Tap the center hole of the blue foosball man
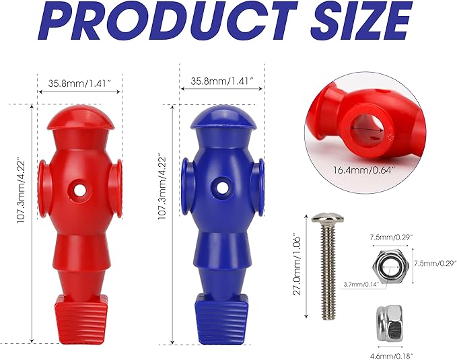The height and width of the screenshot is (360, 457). click(x=223, y=188)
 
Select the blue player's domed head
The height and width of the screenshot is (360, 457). click(x=223, y=117)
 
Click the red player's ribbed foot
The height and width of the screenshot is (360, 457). click(x=81, y=320)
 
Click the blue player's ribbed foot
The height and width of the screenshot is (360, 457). click(x=221, y=320)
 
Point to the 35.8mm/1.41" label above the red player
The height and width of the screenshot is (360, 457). click(x=80, y=83)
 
